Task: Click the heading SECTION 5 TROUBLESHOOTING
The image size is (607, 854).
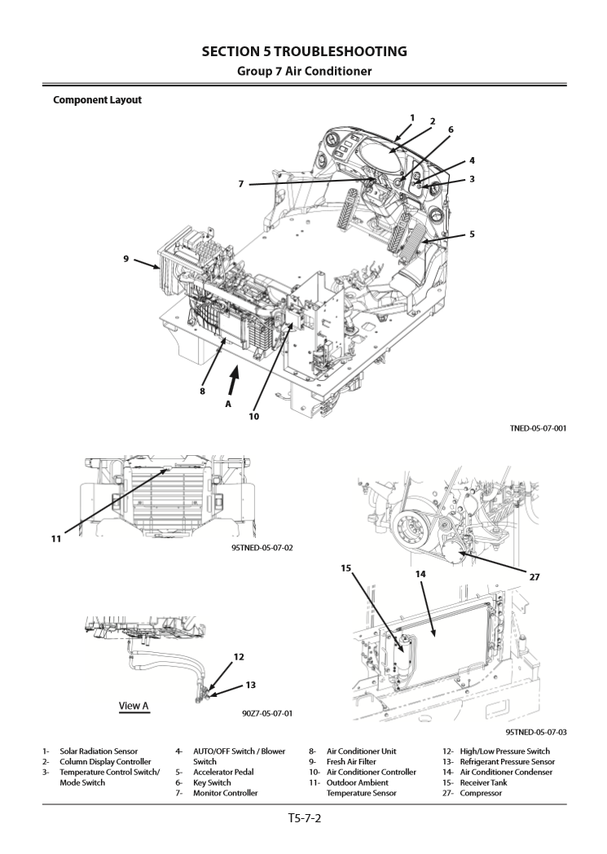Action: tap(303, 52)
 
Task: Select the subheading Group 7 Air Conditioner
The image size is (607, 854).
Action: tap(303, 72)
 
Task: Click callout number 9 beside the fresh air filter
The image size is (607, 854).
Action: tap(126, 259)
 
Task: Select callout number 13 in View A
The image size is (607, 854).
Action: tap(250, 685)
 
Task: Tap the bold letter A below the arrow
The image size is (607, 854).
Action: tap(227, 402)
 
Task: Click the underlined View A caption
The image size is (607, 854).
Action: tap(130, 706)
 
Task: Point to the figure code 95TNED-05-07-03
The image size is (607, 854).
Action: tap(535, 732)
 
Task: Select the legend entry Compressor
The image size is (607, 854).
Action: tap(482, 793)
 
